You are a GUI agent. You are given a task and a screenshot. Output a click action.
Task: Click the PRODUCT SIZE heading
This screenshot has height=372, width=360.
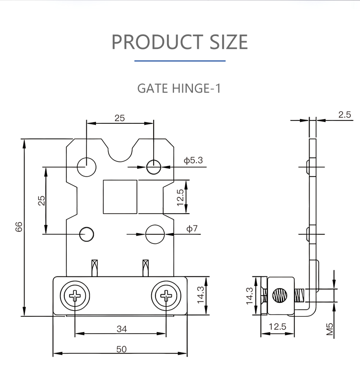[x=180, y=42]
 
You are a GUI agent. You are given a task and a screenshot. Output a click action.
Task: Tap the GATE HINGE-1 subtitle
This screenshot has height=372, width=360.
[x=179, y=89]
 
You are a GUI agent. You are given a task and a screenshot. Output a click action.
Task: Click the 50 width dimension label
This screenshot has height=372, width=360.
[x=121, y=349]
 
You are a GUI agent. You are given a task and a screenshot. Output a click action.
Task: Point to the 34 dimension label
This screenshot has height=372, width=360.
[x=121, y=329]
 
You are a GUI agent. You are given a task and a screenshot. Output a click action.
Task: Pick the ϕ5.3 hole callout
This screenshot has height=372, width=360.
[x=193, y=160]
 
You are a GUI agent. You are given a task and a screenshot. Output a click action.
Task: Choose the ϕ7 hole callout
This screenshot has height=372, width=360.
[x=192, y=228]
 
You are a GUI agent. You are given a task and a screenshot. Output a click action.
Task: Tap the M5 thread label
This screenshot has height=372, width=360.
[x=330, y=329]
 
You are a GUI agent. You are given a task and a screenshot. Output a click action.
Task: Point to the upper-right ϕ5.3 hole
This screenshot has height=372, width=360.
[x=154, y=167]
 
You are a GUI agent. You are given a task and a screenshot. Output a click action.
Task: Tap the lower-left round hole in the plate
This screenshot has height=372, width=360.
[x=86, y=234]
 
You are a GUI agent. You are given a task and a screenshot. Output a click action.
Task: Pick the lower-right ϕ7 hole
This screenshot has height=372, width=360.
[x=155, y=234]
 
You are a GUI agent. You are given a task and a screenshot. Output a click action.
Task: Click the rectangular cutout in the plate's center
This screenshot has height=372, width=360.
[x=120, y=196]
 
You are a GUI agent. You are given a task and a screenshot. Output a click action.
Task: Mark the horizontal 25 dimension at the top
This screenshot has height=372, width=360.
[x=120, y=118]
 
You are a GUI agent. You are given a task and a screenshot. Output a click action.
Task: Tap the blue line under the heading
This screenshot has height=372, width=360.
[x=180, y=61]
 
